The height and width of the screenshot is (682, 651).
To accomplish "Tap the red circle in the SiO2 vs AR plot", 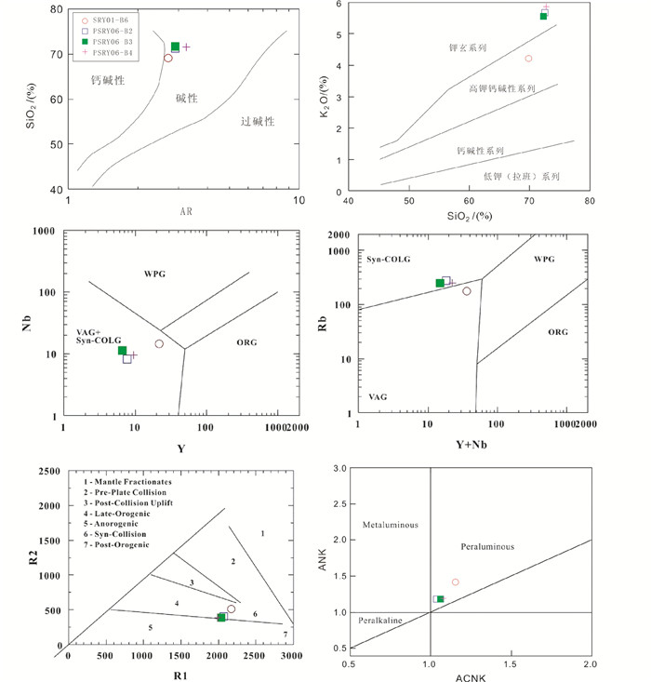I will point(168,58).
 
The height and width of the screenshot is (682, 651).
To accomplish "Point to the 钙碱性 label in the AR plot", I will point(108,81).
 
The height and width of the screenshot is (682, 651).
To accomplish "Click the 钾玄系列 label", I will point(471,47).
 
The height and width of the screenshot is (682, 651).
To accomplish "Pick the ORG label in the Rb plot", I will point(557,331).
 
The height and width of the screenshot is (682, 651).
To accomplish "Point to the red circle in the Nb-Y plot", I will point(159,344).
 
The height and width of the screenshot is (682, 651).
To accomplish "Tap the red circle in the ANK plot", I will point(455,582).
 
